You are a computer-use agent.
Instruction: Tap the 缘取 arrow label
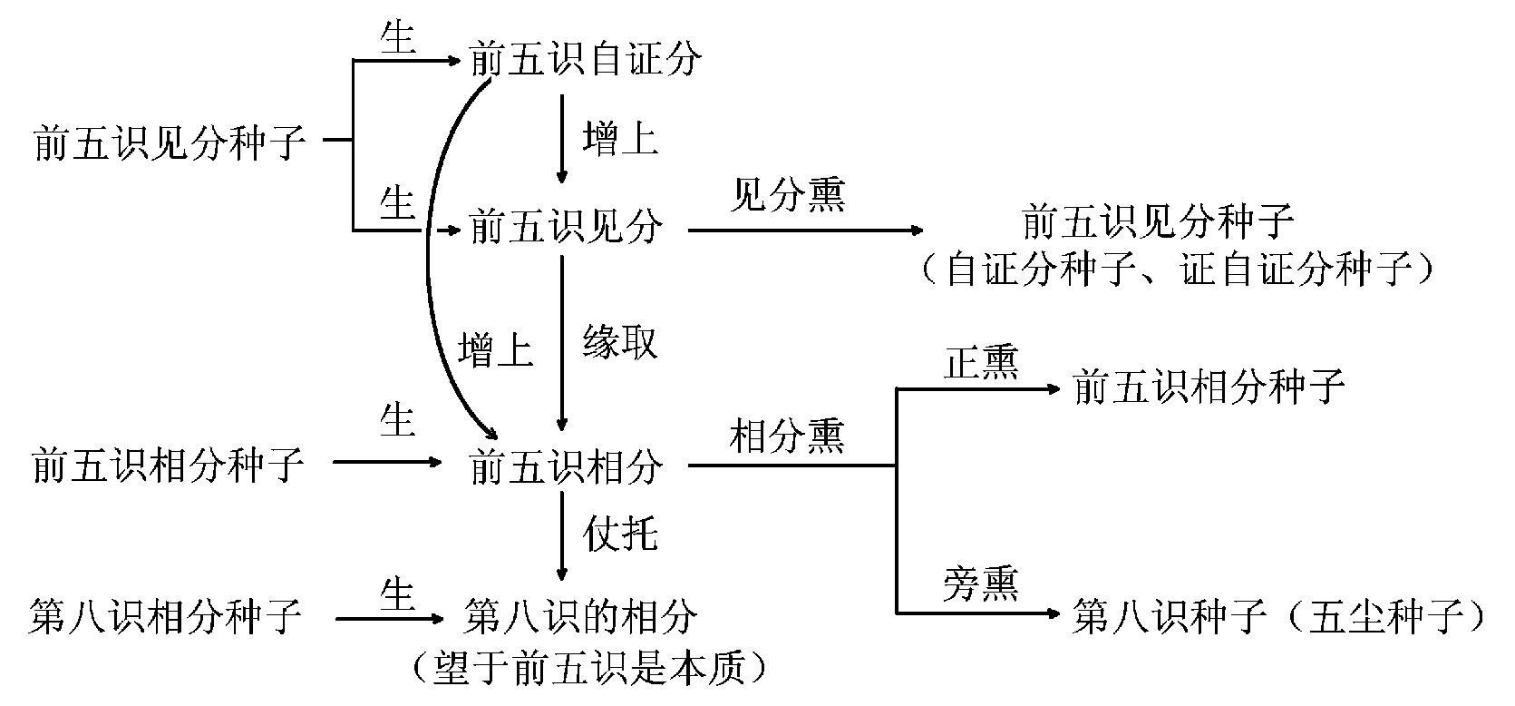(x=620, y=343)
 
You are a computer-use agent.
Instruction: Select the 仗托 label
(x=620, y=534)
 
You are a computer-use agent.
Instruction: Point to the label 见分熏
(x=787, y=196)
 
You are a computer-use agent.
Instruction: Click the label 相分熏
(x=787, y=437)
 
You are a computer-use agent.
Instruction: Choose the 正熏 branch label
(x=981, y=363)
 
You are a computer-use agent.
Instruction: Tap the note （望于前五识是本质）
(x=587, y=670)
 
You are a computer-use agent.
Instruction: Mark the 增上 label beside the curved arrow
(x=495, y=350)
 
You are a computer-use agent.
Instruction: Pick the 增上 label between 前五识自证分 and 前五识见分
(x=620, y=141)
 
